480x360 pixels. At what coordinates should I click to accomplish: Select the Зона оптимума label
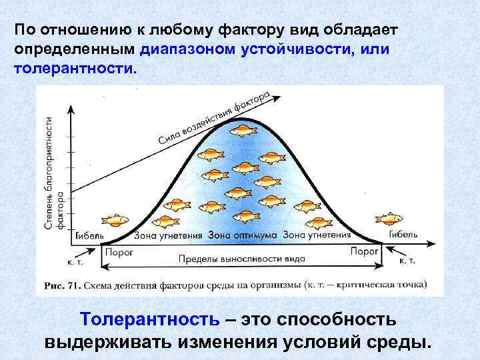click(242, 235)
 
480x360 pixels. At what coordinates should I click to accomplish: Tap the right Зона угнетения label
click(317, 235)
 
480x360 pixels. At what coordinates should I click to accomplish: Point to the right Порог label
click(365, 251)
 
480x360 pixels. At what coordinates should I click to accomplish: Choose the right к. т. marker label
click(407, 260)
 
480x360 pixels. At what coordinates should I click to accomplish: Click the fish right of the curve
click(389, 218)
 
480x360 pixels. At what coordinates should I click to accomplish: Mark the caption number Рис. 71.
click(63, 285)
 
